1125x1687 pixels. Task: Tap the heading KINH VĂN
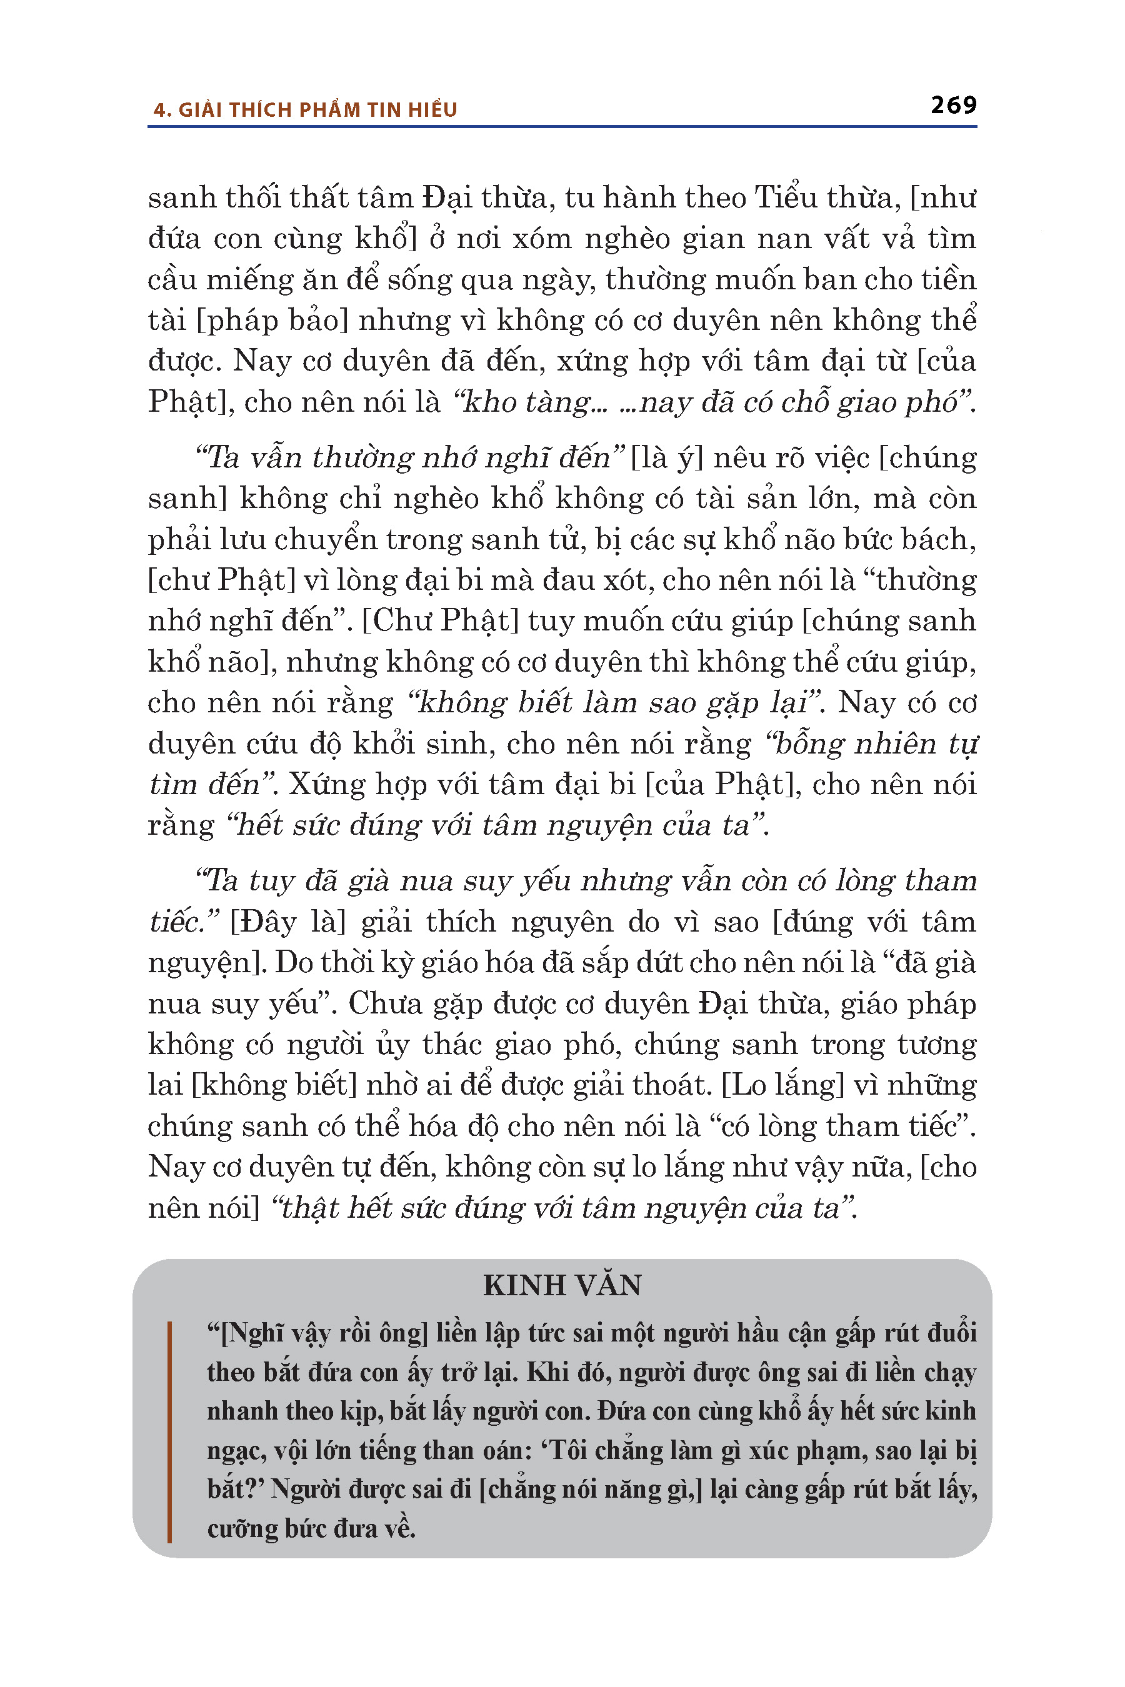(x=562, y=1285)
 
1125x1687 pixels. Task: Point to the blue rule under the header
(x=562, y=127)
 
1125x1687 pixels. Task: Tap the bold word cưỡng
(x=241, y=1528)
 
